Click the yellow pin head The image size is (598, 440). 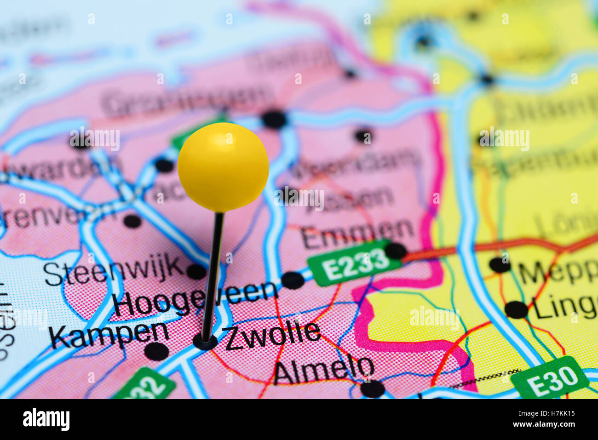(x=223, y=167)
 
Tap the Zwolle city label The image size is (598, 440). (x=272, y=335)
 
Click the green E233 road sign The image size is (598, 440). (x=354, y=263)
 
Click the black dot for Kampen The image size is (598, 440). (x=156, y=351)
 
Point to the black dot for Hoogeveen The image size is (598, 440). (x=293, y=280)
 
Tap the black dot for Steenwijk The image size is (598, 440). (x=196, y=272)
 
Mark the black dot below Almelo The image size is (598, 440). (x=372, y=389)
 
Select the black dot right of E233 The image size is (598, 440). (x=396, y=251)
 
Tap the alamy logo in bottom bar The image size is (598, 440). (x=46, y=419)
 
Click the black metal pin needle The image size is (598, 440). (x=213, y=276)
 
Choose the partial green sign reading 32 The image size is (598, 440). (x=145, y=385)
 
